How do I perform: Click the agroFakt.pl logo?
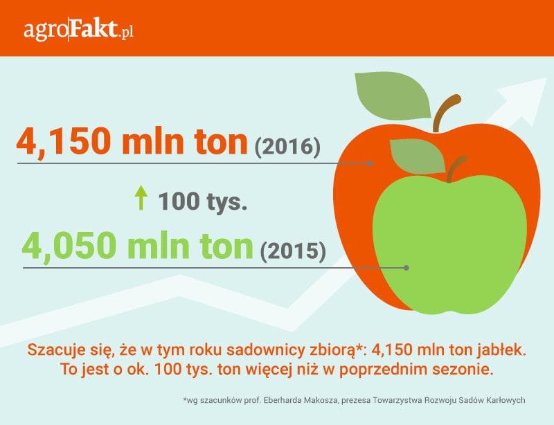click(x=78, y=30)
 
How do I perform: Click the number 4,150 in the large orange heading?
click(x=62, y=142)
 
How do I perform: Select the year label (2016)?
click(x=287, y=146)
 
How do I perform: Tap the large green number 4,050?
click(x=69, y=246)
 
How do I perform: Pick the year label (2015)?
click(x=293, y=251)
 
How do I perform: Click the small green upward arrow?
click(x=141, y=198)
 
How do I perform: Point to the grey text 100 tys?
click(x=202, y=201)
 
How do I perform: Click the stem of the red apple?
click(x=446, y=112)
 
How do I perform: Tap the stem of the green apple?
click(x=456, y=169)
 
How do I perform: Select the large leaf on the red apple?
click(x=393, y=95)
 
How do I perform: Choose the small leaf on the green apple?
click(x=418, y=156)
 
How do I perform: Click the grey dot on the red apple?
click(x=370, y=163)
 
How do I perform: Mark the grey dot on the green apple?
click(x=406, y=268)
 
